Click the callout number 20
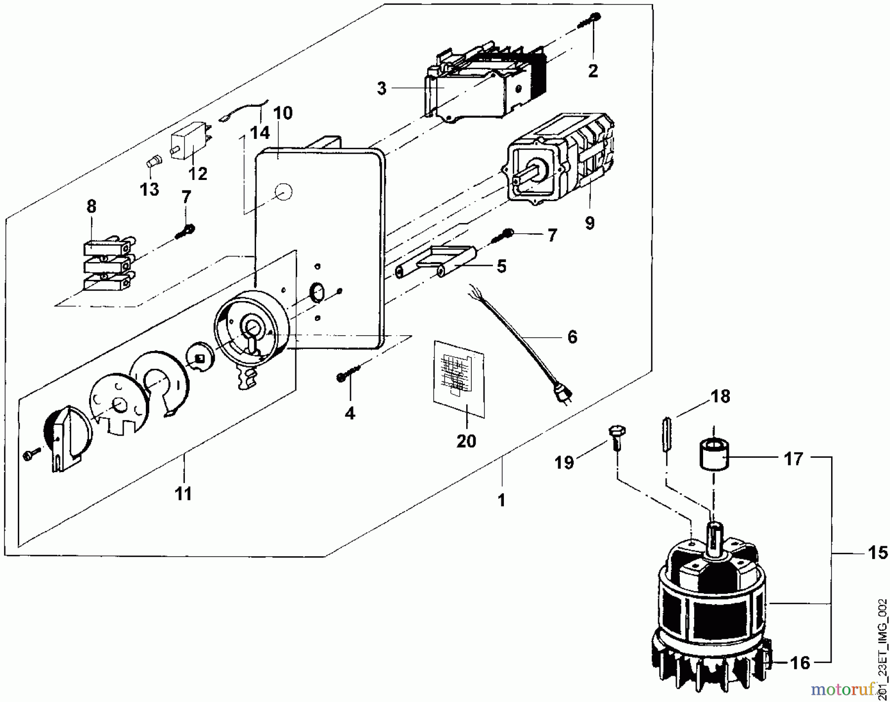pos(466,440)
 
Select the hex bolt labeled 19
pos(615,437)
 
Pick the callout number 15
pos(878,552)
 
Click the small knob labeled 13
pos(154,162)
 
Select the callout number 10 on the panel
pos(283,113)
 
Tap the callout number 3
pos(381,88)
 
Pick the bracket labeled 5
pos(435,262)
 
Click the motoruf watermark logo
pos(849,689)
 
